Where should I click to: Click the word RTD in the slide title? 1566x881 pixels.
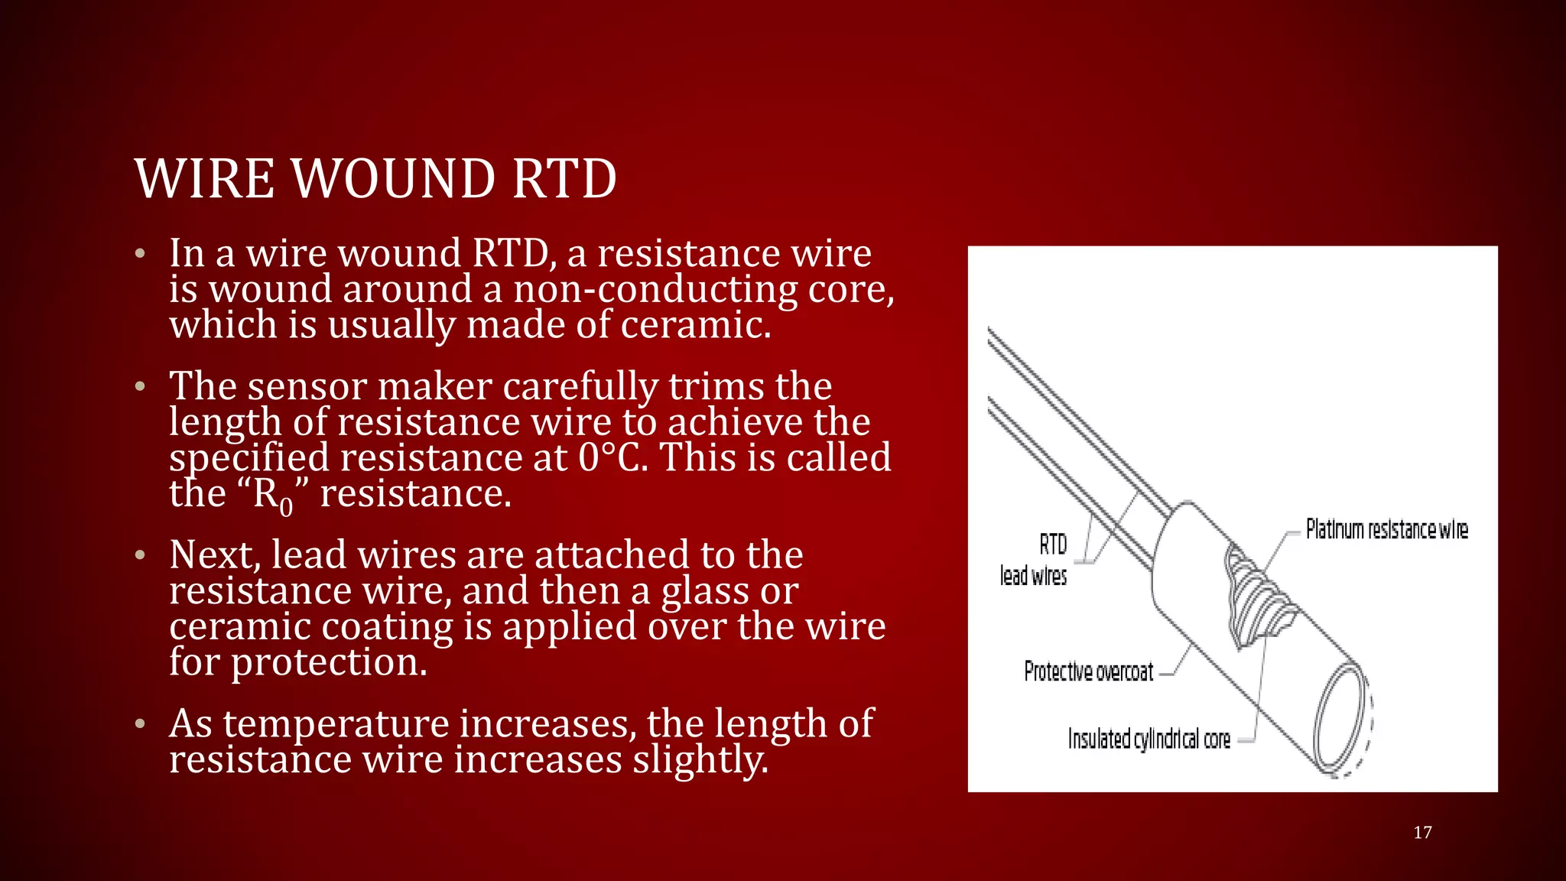pyautogui.click(x=564, y=179)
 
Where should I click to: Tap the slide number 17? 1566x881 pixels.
pyautogui.click(x=1422, y=833)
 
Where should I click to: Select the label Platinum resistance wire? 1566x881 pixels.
pyautogui.click(x=1386, y=529)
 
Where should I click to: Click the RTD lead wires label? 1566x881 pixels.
pyautogui.click(x=1034, y=561)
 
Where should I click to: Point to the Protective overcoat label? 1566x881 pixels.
pyautogui.click(x=1088, y=671)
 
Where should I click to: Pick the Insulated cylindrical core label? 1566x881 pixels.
pyautogui.click(x=1149, y=739)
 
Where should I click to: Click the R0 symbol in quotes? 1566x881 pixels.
pyautogui.click(x=272, y=495)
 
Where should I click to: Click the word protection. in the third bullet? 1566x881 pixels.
pyautogui.click(x=329, y=662)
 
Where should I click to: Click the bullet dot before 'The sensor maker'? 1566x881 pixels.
pyautogui.click(x=140, y=387)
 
